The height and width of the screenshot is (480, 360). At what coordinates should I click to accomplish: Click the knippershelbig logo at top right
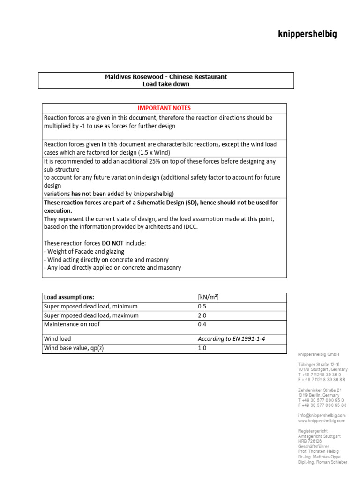[x=307, y=34]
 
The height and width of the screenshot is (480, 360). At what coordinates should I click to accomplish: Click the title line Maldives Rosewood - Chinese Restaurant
[x=166, y=76]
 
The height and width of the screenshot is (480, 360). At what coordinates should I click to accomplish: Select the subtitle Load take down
[x=166, y=84]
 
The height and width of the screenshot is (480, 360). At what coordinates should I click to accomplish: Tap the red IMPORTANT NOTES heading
[x=164, y=108]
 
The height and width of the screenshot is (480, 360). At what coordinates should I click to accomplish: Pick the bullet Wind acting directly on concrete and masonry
[x=106, y=259]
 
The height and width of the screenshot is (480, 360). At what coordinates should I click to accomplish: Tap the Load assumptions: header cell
[x=69, y=297]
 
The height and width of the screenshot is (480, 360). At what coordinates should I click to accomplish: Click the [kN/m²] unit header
[x=209, y=297]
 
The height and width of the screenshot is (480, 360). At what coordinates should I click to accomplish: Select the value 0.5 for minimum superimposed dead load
[x=202, y=306]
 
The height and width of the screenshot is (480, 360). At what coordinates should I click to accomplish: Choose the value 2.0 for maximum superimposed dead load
[x=202, y=315]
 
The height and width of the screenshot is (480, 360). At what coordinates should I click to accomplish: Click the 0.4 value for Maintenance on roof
[x=202, y=324]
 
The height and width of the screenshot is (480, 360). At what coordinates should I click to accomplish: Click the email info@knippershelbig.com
[x=322, y=415]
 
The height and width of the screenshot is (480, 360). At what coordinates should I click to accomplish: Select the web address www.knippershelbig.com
[x=321, y=420]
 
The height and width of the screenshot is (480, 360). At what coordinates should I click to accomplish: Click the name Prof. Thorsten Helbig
[x=318, y=451]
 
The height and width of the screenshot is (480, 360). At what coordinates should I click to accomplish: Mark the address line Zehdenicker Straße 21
[x=320, y=390]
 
